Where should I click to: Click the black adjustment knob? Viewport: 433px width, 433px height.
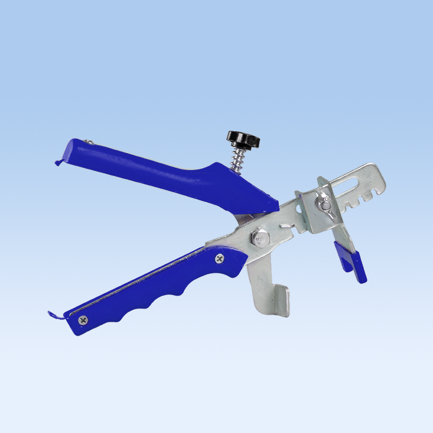coord(244,139)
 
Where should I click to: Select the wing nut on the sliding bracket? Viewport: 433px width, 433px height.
coord(325,205)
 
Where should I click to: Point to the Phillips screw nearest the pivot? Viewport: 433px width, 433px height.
coord(219,259)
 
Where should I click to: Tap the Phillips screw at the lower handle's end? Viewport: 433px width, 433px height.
coord(82,320)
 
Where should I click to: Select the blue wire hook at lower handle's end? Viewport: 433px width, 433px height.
coord(55,314)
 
